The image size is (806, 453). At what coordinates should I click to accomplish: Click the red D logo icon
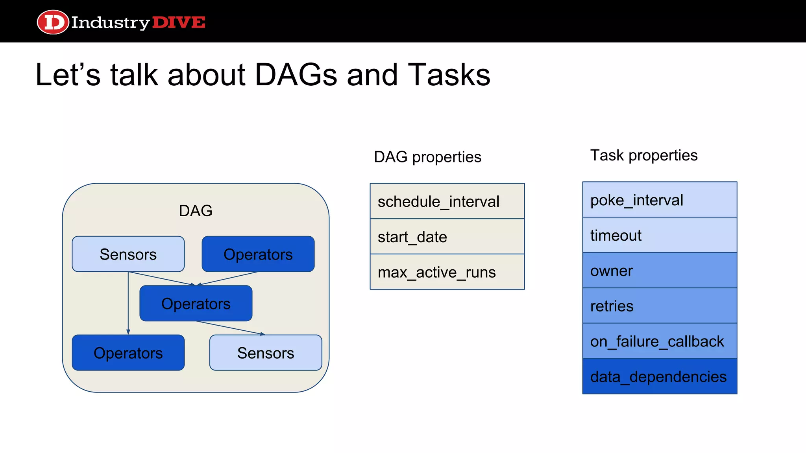(53, 22)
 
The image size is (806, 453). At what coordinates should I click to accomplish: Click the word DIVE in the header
(179, 22)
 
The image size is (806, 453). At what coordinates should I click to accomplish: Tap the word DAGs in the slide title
(296, 75)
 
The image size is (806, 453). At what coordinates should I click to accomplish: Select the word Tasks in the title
(449, 75)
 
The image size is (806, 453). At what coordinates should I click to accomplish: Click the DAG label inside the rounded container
(196, 211)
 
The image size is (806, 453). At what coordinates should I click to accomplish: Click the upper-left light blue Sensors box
(128, 254)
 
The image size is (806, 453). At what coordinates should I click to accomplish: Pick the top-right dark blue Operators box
(258, 254)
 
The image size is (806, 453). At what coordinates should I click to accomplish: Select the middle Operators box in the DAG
(196, 304)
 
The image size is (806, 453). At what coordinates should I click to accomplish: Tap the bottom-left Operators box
(128, 353)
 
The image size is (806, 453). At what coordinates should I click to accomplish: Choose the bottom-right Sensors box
(266, 353)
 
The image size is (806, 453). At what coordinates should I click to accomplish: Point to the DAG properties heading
(427, 157)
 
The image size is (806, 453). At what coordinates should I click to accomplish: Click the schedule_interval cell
(447, 201)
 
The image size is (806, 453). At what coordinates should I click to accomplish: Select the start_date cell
(447, 237)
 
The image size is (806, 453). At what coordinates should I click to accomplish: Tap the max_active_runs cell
(447, 272)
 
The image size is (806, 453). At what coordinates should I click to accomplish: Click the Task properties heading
(644, 155)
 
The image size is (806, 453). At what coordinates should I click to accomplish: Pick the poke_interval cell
(660, 200)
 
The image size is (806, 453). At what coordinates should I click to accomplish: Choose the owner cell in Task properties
(660, 271)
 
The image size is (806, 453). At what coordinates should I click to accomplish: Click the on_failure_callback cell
(660, 341)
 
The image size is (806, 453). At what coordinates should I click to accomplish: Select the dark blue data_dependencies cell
(660, 376)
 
